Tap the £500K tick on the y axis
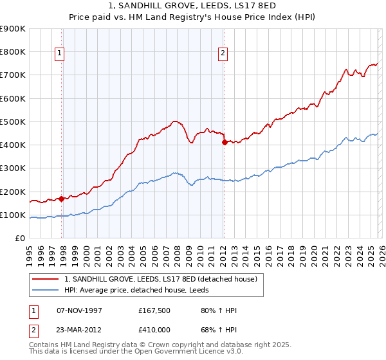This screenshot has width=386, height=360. [12, 122]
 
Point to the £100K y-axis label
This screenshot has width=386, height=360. [12, 215]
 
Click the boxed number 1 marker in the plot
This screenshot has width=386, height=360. [59, 54]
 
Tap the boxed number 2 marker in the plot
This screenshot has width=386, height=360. [223, 54]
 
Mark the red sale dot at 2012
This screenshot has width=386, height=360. [225, 143]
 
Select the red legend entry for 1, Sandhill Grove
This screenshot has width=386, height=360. [161, 279]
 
